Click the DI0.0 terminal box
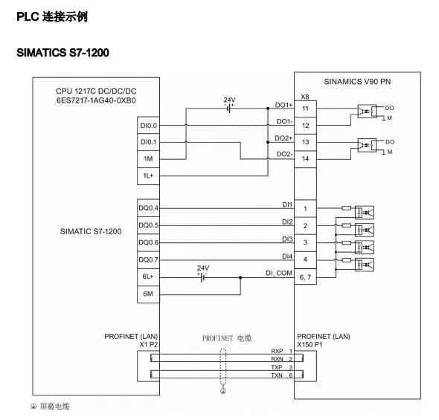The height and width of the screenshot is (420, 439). coord(147,126)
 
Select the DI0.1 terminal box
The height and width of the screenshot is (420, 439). coord(147,142)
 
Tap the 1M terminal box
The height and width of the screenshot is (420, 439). coord(147,159)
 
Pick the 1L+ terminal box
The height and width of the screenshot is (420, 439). coord(147,176)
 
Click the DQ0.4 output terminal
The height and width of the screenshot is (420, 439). coord(147,208)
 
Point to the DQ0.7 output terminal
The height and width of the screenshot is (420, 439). coord(147,259)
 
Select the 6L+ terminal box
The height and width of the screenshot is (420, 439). coord(147,277)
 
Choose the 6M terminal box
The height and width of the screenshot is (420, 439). coord(147,294)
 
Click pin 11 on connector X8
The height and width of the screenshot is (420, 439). coord(306,109)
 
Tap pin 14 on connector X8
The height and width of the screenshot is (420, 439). coord(306,159)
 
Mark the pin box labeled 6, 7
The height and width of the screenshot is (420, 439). coord(306,277)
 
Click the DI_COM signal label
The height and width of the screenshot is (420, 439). coord(279,273)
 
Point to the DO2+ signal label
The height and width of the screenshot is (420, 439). coord(283,138)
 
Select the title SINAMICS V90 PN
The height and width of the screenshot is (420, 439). coord(356,81)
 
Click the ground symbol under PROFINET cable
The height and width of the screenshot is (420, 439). coord(222,390)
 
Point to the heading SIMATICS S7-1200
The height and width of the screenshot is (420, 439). coord(63,54)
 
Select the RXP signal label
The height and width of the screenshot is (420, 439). coord(277,350)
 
